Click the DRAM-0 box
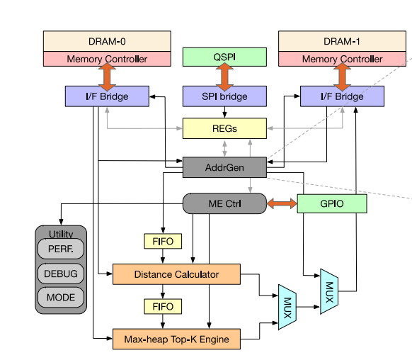107,41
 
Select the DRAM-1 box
342,41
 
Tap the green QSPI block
224,57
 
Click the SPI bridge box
224,96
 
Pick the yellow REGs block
224,128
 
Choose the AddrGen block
224,167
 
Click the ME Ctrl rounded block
224,203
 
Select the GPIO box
332,203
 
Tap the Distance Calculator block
176,274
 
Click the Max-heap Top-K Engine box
176,339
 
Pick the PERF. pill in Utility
61,249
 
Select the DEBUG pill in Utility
61,274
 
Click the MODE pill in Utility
61,298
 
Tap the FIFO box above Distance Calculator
163,241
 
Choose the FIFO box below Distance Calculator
163,306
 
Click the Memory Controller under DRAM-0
107,59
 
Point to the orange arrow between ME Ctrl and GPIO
282,203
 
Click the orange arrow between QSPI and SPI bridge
224,77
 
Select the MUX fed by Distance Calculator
287,307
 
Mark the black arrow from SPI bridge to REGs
224,112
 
